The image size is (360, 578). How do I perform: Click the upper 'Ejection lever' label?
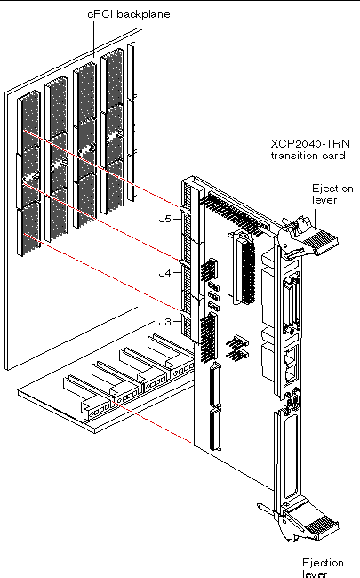[x=333, y=194]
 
